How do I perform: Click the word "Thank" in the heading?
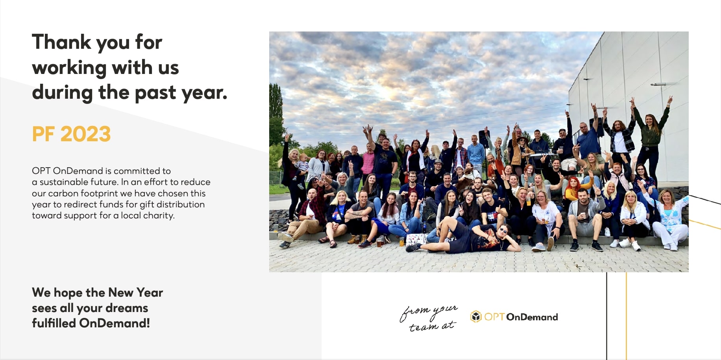(62, 42)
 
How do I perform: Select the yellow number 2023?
(85, 134)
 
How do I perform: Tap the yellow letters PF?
(43, 134)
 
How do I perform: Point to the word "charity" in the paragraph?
(160, 216)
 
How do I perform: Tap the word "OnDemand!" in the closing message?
(115, 323)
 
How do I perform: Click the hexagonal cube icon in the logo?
(476, 317)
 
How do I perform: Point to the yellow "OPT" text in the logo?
(494, 317)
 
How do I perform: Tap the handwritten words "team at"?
(432, 326)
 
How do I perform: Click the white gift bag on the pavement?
(416, 239)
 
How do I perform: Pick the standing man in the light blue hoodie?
(476, 153)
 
